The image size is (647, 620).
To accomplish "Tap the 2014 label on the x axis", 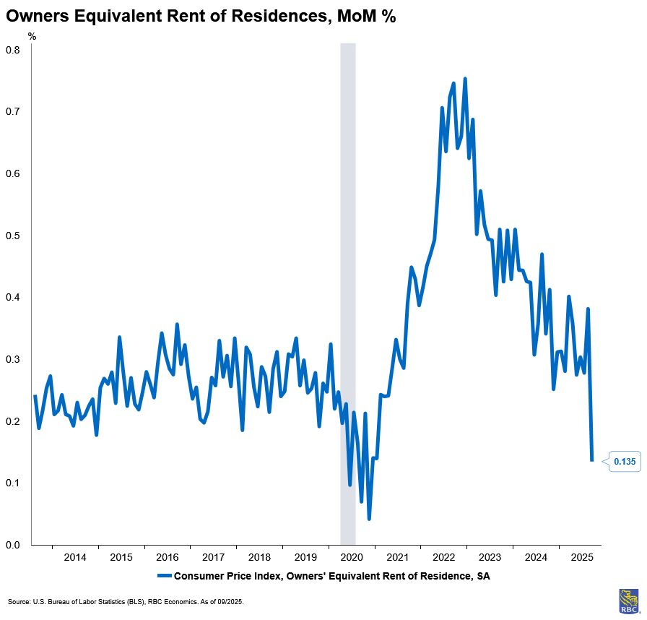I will point(75,557).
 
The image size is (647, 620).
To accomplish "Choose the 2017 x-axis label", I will point(213,557).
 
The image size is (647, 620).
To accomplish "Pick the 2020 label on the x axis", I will point(352,557).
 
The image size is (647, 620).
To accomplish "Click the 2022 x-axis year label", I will point(444,557).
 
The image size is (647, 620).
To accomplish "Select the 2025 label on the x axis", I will point(581,557).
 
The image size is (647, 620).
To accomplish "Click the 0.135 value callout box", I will point(625,461).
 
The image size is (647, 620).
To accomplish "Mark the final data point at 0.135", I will point(592,460).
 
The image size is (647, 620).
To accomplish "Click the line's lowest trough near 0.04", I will point(369,519).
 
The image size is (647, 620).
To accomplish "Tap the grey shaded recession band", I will point(348,289).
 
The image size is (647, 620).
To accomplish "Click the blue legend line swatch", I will point(163,576).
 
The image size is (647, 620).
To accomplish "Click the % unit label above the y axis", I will point(31,35).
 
